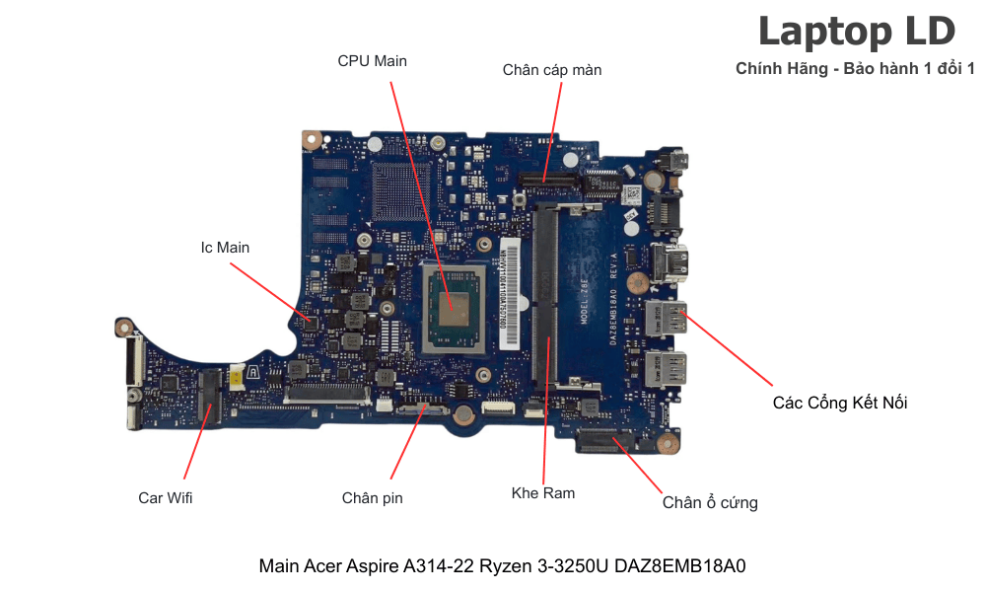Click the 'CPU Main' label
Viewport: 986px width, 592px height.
(372, 61)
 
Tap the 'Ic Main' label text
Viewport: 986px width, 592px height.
(225, 248)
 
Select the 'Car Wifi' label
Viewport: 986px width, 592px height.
(166, 498)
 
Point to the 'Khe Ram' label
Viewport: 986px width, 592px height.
(543, 492)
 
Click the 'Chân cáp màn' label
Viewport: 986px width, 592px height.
(551, 70)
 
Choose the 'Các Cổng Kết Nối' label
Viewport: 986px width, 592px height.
(840, 403)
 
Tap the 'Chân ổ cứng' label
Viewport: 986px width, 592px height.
(710, 503)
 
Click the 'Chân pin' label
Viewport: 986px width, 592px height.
(372, 498)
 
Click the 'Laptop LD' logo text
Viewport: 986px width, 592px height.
(856, 32)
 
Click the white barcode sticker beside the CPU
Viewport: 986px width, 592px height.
(509, 291)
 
